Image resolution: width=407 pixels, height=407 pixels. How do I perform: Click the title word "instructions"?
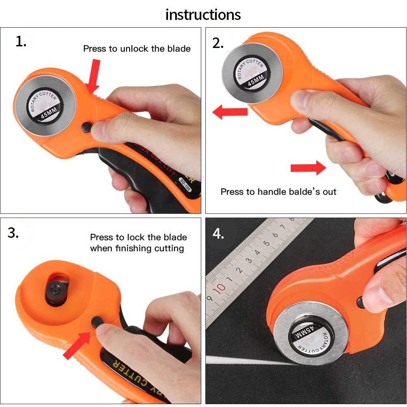203,15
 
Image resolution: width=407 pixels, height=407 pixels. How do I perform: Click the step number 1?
21,41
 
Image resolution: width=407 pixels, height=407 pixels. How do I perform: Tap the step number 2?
218,43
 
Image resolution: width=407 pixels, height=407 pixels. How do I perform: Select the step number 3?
13,233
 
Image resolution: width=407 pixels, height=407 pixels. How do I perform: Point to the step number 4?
218,234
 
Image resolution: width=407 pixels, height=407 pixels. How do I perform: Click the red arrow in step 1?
94,76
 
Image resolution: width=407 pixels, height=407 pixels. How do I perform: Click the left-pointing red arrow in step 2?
230,111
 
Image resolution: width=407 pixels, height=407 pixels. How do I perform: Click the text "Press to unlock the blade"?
137,49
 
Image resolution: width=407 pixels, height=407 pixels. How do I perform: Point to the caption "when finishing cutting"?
137,248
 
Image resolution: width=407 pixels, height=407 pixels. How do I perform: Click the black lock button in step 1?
86,127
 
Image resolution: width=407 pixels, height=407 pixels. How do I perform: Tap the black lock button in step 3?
97,322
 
